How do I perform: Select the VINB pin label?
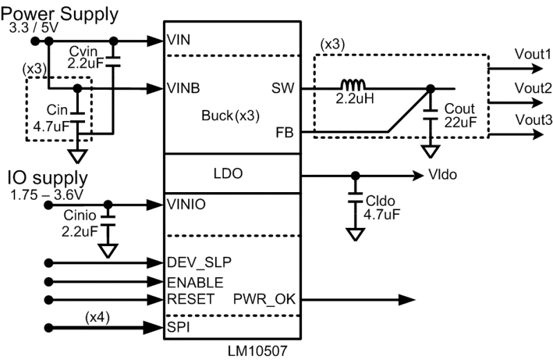pos(183,88)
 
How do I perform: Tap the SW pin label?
pos(283,88)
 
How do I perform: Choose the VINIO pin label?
pos(187,205)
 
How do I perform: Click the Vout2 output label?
pos(532,88)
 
